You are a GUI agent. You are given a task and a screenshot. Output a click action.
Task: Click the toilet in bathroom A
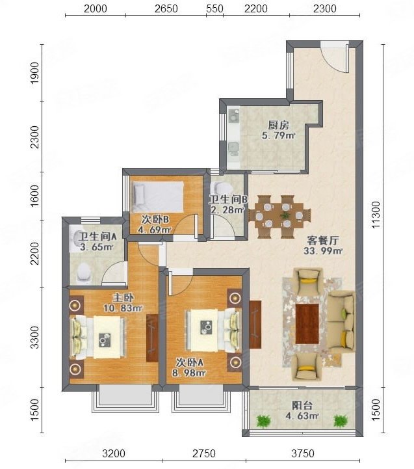click(x=83, y=273)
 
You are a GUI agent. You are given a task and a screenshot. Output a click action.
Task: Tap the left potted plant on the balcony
click(x=263, y=421)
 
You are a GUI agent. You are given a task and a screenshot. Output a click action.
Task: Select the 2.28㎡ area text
click(x=225, y=210)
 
